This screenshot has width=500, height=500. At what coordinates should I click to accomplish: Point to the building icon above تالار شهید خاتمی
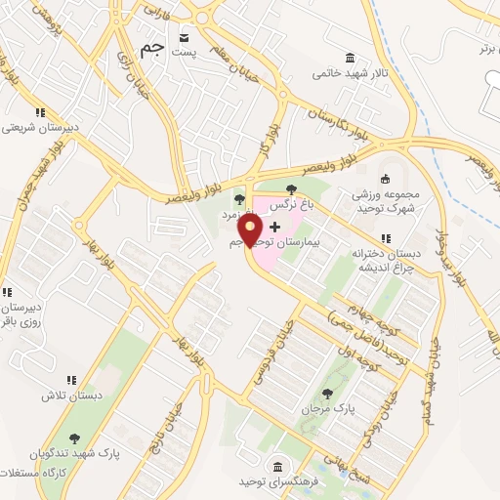(x=350, y=57)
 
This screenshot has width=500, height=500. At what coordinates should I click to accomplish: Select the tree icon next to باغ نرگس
(x=290, y=189)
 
